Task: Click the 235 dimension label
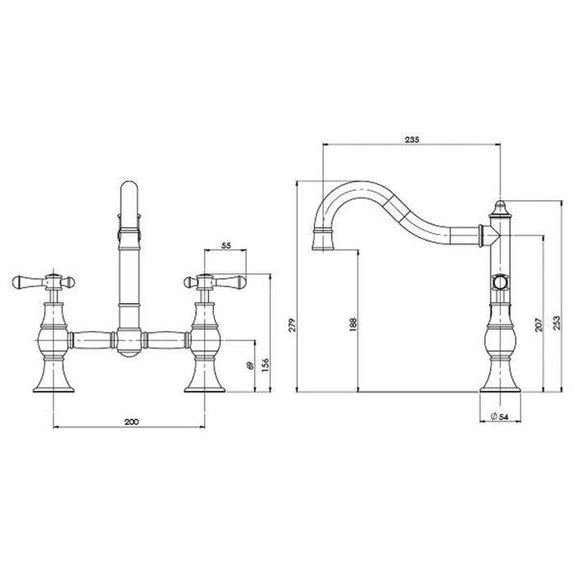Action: [x=412, y=139]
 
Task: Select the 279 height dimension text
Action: [x=292, y=325]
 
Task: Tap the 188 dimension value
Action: [x=353, y=325]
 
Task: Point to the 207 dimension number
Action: [x=539, y=325]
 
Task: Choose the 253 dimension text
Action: [x=557, y=323]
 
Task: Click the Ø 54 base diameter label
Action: [x=499, y=417]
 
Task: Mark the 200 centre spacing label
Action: [x=131, y=421]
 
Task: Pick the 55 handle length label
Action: [x=226, y=246]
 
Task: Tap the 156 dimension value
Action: [x=266, y=366]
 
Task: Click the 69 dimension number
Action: [x=250, y=366]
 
